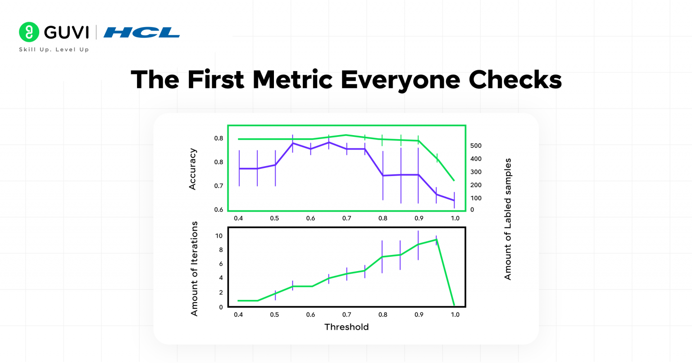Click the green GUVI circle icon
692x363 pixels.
pyautogui.click(x=29, y=32)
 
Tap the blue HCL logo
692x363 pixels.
pyautogui.click(x=141, y=32)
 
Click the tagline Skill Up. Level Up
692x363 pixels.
pyautogui.click(x=54, y=50)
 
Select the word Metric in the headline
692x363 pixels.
pyautogui.click(x=292, y=80)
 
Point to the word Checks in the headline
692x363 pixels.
pyautogui.click(x=515, y=80)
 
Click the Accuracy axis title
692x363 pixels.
pyautogui.click(x=192, y=169)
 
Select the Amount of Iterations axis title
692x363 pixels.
pyautogui.click(x=194, y=268)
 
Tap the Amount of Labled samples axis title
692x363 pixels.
pyautogui.click(x=508, y=219)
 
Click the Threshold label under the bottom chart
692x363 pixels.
pyautogui.click(x=346, y=327)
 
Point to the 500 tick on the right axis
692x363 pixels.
pyautogui.click(x=476, y=145)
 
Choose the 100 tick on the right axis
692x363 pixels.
pyautogui.click(x=476, y=198)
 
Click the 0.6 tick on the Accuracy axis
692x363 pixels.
pyautogui.click(x=219, y=209)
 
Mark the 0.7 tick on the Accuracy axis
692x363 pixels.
pyautogui.click(x=219, y=186)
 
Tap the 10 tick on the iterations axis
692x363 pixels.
pyautogui.click(x=219, y=236)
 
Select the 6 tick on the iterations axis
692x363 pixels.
pyautogui.click(x=221, y=264)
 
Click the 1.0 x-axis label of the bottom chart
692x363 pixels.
pyautogui.click(x=455, y=314)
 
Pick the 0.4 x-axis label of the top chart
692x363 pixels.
pyautogui.click(x=238, y=218)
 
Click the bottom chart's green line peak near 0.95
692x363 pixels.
pyautogui.click(x=436, y=240)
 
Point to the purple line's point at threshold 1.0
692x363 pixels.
pyautogui.click(x=454, y=200)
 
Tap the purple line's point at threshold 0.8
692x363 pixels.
pyautogui.click(x=382, y=175)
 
